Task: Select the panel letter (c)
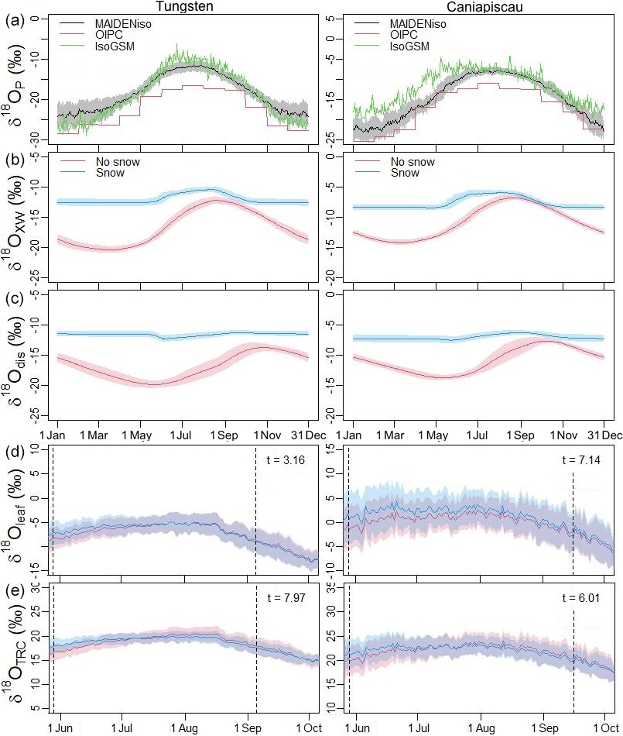[x=12, y=297]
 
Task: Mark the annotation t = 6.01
[x=580, y=599]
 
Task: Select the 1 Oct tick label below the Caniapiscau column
[x=604, y=729]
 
